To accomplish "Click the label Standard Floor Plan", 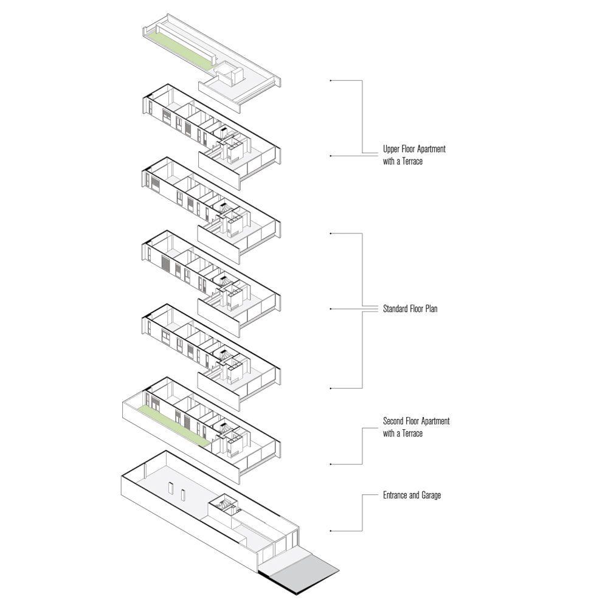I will (x=410, y=309).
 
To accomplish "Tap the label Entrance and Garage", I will (x=412, y=496).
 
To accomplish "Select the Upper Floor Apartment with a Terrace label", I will (x=414, y=155).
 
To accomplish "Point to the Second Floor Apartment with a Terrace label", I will (x=416, y=427).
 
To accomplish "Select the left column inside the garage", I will (x=170, y=491).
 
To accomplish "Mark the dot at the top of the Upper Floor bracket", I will (x=330, y=80).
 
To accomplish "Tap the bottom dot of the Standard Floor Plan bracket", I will (x=330, y=388).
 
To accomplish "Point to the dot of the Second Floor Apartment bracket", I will (x=330, y=464).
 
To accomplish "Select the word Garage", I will (x=430, y=496).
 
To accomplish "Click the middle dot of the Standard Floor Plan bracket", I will (x=330, y=309).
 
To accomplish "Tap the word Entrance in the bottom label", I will (x=396, y=496).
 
